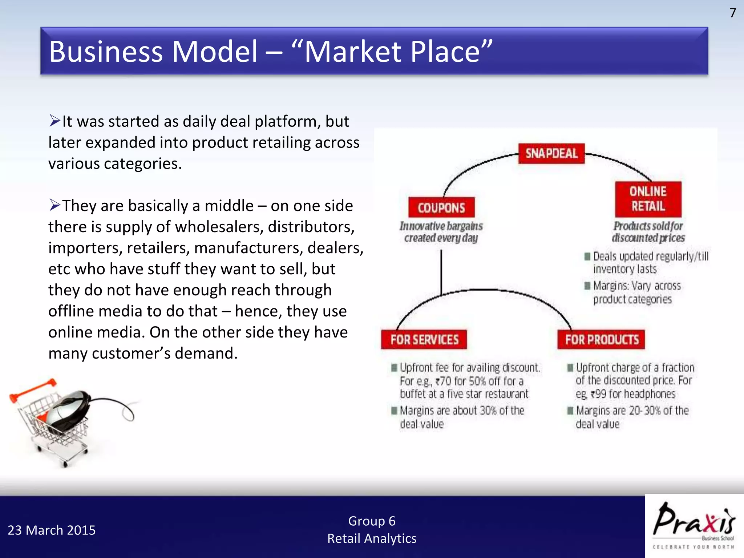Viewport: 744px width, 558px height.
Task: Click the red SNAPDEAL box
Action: tap(551, 153)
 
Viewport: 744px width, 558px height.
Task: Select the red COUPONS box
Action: tap(441, 207)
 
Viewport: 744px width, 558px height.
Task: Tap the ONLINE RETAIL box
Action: tap(648, 199)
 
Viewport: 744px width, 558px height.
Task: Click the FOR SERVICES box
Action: tap(424, 339)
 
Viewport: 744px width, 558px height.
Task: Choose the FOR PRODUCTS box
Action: tap(601, 339)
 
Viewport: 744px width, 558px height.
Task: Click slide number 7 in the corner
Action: tap(732, 13)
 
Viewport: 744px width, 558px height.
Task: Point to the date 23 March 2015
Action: tap(52, 530)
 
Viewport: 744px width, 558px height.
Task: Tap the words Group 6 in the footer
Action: tap(372, 521)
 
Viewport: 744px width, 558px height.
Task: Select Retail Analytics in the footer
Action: tap(372, 538)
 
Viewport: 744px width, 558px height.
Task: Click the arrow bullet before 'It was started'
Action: tap(54, 120)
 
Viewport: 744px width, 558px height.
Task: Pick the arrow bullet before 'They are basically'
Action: tap(54, 205)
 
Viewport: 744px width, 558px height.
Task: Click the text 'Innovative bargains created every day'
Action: tap(441, 232)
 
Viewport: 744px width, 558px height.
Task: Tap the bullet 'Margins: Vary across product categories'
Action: tap(636, 292)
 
